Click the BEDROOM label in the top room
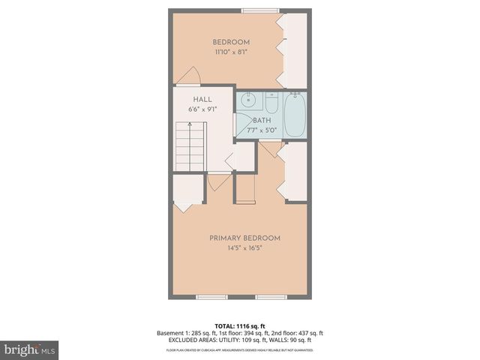pyautogui.click(x=230, y=42)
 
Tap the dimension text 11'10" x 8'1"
pyautogui.click(x=230, y=52)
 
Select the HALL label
pyautogui.click(x=202, y=99)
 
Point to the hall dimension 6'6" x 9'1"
pyautogui.click(x=202, y=109)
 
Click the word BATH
pyautogui.click(x=262, y=120)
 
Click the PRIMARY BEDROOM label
pyautogui.click(x=244, y=238)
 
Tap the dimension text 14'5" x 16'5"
pyautogui.click(x=244, y=248)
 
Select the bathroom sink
pyautogui.click(x=248, y=100)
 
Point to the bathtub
pyautogui.click(x=295, y=114)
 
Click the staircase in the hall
pyautogui.click(x=188, y=148)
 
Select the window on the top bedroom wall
pyautogui.click(x=255, y=10)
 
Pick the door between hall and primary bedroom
pyautogui.click(x=219, y=180)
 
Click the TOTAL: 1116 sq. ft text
pyautogui.click(x=239, y=325)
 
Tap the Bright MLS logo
pyautogui.click(x=29, y=349)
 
